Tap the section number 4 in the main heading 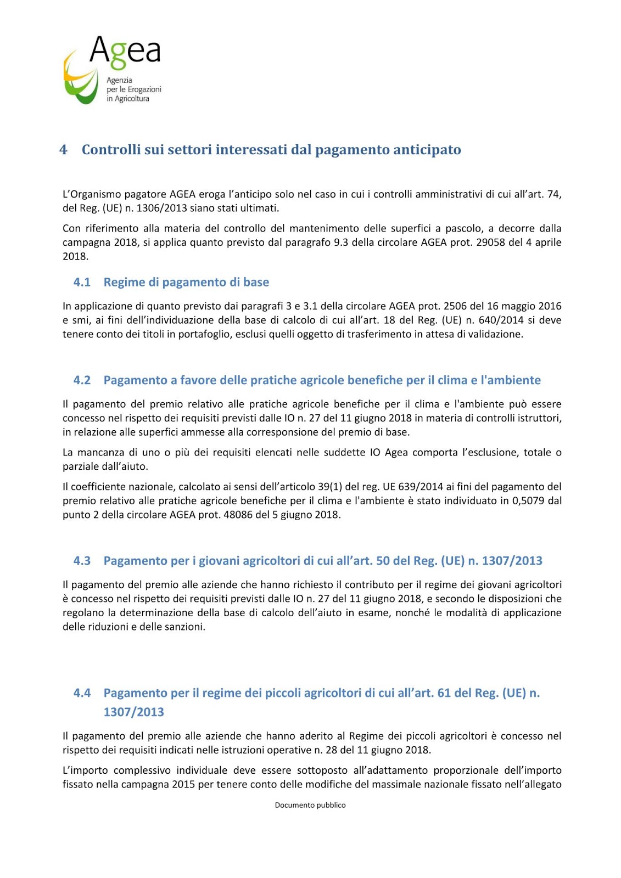[63, 150]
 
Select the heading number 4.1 [82, 282]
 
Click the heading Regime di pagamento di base [186, 282]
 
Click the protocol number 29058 [490, 242]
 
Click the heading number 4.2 [82, 380]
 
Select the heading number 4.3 [82, 561]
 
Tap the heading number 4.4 [82, 693]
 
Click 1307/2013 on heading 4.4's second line [133, 712]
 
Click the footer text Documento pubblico [310, 805]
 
